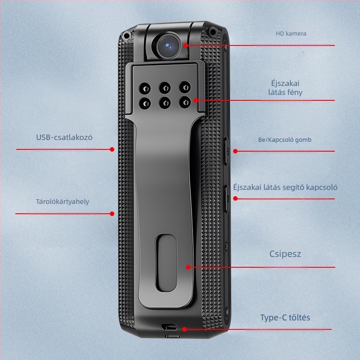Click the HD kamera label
pos(291,33)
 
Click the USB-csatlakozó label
pos(64,137)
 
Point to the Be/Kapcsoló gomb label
pos(284,140)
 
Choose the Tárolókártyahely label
pos(63,202)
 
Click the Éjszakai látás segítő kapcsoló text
pos(285,187)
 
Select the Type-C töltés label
pos(285,318)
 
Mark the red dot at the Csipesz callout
pos(188,267)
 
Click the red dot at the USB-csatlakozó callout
pos(112,149)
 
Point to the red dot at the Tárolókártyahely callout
pos(112,214)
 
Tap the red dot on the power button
pos(235,151)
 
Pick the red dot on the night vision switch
pos(234,198)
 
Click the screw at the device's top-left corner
pos(127,35)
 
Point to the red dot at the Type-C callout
pos(184,329)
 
